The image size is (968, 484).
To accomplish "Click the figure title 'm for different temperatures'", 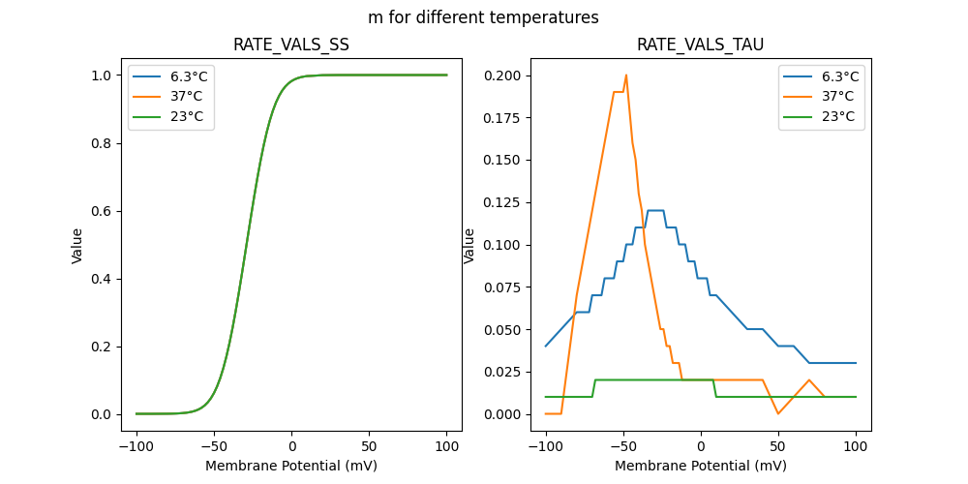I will [x=483, y=17].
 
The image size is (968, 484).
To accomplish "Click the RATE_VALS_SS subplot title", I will [x=291, y=45].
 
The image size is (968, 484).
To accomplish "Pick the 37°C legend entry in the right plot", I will [x=837, y=96].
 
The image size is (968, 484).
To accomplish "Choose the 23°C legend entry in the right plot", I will [x=837, y=116].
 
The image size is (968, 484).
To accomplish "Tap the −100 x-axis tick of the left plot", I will [x=136, y=448].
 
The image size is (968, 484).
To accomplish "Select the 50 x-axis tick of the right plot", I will [x=778, y=448].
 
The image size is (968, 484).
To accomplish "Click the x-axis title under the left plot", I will [x=291, y=466].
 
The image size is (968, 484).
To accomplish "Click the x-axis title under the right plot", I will [x=701, y=466].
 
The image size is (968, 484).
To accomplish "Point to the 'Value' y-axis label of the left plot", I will [x=77, y=246].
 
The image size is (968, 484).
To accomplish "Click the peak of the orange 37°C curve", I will [x=626, y=76].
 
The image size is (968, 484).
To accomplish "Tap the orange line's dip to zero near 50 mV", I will [x=778, y=413].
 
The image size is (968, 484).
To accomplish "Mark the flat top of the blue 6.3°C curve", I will [x=655, y=210].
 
